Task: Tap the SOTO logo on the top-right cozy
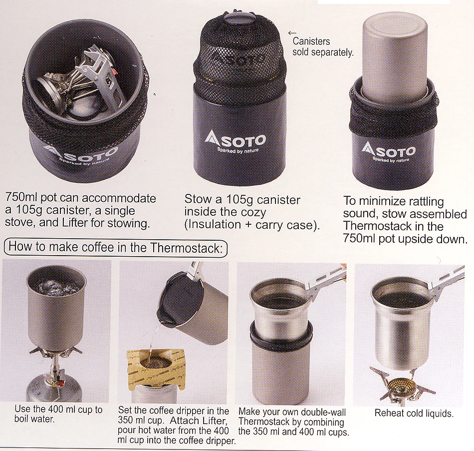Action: click(x=389, y=150)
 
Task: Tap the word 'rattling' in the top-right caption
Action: click(x=422, y=201)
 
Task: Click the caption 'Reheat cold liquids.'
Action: click(x=414, y=413)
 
